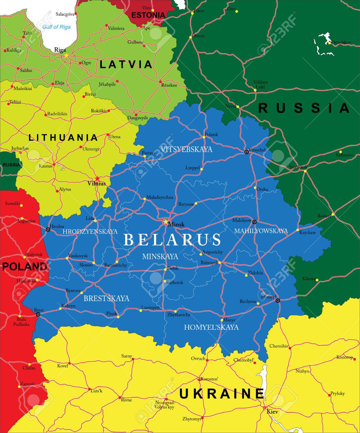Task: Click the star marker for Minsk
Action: tap(165, 221)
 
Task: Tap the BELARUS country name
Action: tap(172, 239)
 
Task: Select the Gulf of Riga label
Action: tap(56, 27)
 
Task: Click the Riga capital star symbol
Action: tap(66, 55)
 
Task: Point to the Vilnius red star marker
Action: tap(97, 179)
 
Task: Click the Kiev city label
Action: tap(272, 412)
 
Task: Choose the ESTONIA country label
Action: tap(148, 15)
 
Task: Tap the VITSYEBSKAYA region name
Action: tap(186, 149)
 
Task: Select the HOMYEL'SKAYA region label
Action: tap(211, 327)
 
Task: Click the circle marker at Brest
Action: tap(38, 314)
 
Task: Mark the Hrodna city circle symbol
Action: tap(48, 229)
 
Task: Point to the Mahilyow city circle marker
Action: tap(255, 222)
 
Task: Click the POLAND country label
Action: tap(25, 266)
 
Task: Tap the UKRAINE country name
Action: tap(222, 394)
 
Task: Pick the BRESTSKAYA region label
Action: tap(106, 298)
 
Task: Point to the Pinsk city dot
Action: tap(118, 317)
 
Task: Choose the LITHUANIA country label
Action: tap(63, 138)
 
